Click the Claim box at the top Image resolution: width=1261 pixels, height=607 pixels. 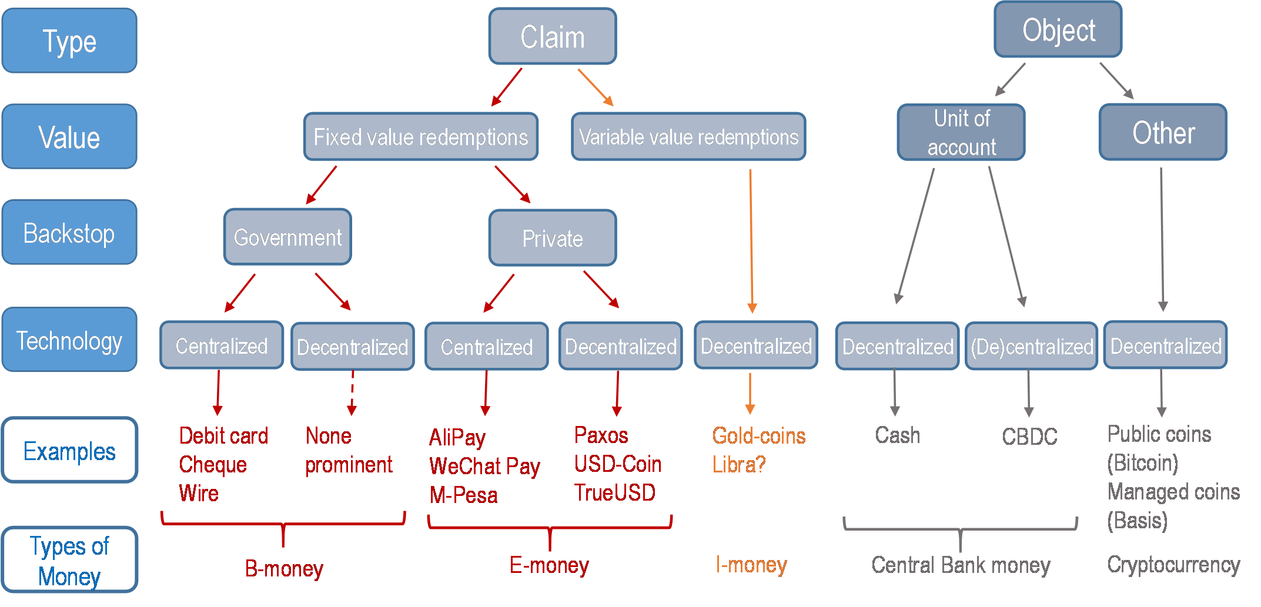coord(553,36)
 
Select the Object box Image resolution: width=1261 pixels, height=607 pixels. coord(1058,30)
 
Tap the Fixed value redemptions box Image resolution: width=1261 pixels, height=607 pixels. coord(421,137)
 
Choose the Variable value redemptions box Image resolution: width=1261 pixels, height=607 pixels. coord(688,137)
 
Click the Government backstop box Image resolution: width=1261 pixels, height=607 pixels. coord(287,237)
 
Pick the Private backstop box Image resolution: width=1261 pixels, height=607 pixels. coord(553,238)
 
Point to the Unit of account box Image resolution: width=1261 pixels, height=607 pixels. coord(961,133)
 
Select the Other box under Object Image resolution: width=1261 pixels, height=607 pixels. coord(1163,133)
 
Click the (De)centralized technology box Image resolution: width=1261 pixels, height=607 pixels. coord(1032,347)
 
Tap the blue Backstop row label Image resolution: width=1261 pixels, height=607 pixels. coord(69,233)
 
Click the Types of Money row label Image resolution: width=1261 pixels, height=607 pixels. coord(69,561)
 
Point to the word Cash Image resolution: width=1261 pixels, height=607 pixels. coord(897,435)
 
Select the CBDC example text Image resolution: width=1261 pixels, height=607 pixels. coord(1029,437)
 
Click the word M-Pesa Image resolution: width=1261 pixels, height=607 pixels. coord(464,495)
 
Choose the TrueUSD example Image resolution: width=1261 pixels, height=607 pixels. coord(615,492)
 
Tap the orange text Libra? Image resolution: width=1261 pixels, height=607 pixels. coord(739,465)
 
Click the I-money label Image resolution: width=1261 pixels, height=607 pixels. coord(751,565)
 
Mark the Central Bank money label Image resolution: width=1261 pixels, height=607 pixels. coord(961,565)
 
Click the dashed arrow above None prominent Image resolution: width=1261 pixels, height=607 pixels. coord(352,392)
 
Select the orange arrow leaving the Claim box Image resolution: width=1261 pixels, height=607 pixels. coord(595,87)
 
